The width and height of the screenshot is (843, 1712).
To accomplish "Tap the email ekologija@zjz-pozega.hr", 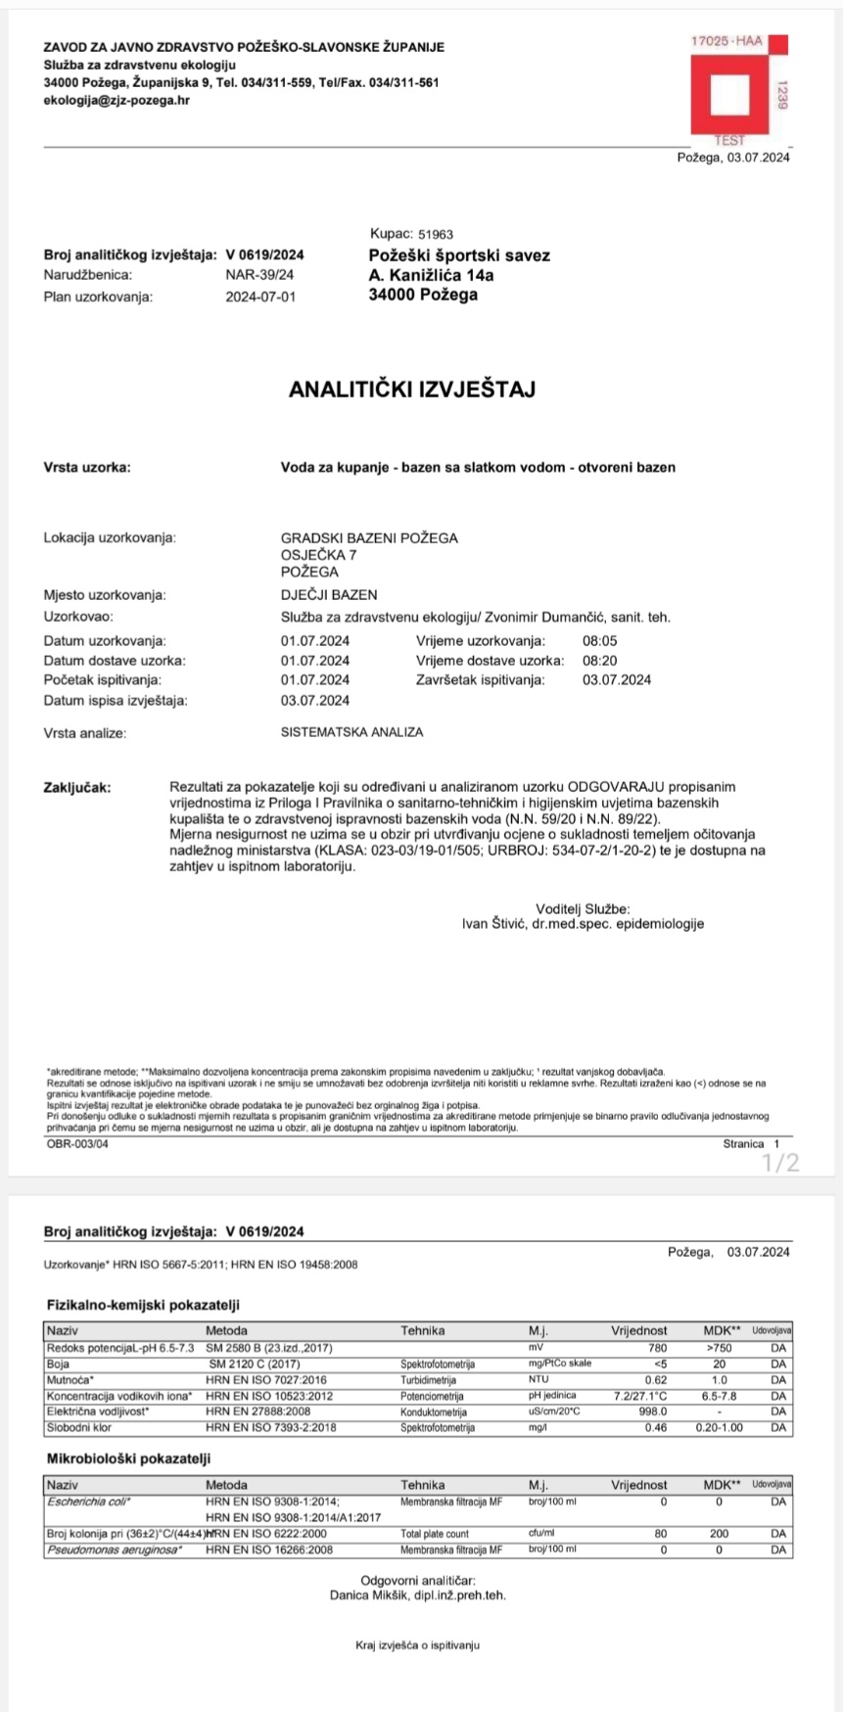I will [x=117, y=100].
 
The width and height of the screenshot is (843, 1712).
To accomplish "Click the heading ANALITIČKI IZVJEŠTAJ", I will [x=412, y=390].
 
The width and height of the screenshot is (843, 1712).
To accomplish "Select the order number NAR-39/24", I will [x=259, y=275].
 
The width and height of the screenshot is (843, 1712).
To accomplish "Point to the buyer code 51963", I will [x=436, y=235].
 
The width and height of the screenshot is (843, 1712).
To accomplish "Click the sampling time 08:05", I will [x=599, y=641].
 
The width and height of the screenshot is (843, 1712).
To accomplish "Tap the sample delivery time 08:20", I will [x=599, y=661].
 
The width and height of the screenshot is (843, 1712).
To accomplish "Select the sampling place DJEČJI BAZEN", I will [x=329, y=595].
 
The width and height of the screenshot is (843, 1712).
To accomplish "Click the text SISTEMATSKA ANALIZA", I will [x=351, y=732].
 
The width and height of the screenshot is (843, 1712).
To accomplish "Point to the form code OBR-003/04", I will [x=77, y=1143].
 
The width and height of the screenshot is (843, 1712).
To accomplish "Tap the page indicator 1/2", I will [x=781, y=1163].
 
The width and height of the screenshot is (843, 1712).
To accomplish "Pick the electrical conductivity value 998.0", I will [x=652, y=1411].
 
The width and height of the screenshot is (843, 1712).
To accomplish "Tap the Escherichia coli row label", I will [x=89, y=1501].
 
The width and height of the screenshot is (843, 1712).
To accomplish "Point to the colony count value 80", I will [x=660, y=1534].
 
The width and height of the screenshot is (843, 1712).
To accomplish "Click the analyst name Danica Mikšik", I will [x=373, y=1595].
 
